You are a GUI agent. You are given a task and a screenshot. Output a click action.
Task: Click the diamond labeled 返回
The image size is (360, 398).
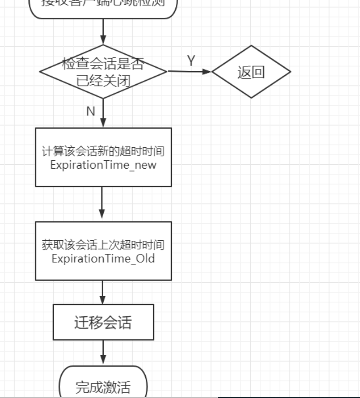pos(251,72)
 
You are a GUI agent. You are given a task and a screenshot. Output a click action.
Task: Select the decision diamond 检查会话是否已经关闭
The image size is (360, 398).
pos(103,72)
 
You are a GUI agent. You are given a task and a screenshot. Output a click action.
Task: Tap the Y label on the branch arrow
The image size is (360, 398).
pos(191,61)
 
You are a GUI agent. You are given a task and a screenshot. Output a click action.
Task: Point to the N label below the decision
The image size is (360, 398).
pos(91,111)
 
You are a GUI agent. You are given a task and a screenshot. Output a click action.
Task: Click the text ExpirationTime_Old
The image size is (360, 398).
pos(103,258)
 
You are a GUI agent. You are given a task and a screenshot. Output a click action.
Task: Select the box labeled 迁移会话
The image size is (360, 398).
pos(103,322)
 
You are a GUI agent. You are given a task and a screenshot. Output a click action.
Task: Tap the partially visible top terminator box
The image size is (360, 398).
pos(103,7)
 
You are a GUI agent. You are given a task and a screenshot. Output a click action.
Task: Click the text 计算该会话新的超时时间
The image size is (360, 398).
pos(103,152)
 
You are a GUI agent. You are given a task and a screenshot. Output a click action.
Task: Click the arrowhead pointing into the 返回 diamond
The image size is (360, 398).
pos(207,71)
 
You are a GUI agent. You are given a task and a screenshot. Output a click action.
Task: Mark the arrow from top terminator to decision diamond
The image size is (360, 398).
pos(103,31)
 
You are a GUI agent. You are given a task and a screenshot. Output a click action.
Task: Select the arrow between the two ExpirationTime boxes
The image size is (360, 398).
pos(102,204)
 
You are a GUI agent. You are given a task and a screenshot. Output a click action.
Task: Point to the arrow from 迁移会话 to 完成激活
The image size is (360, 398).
pos(104,352)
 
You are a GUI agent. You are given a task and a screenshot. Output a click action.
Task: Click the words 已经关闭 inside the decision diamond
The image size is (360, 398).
pos(103,81)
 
